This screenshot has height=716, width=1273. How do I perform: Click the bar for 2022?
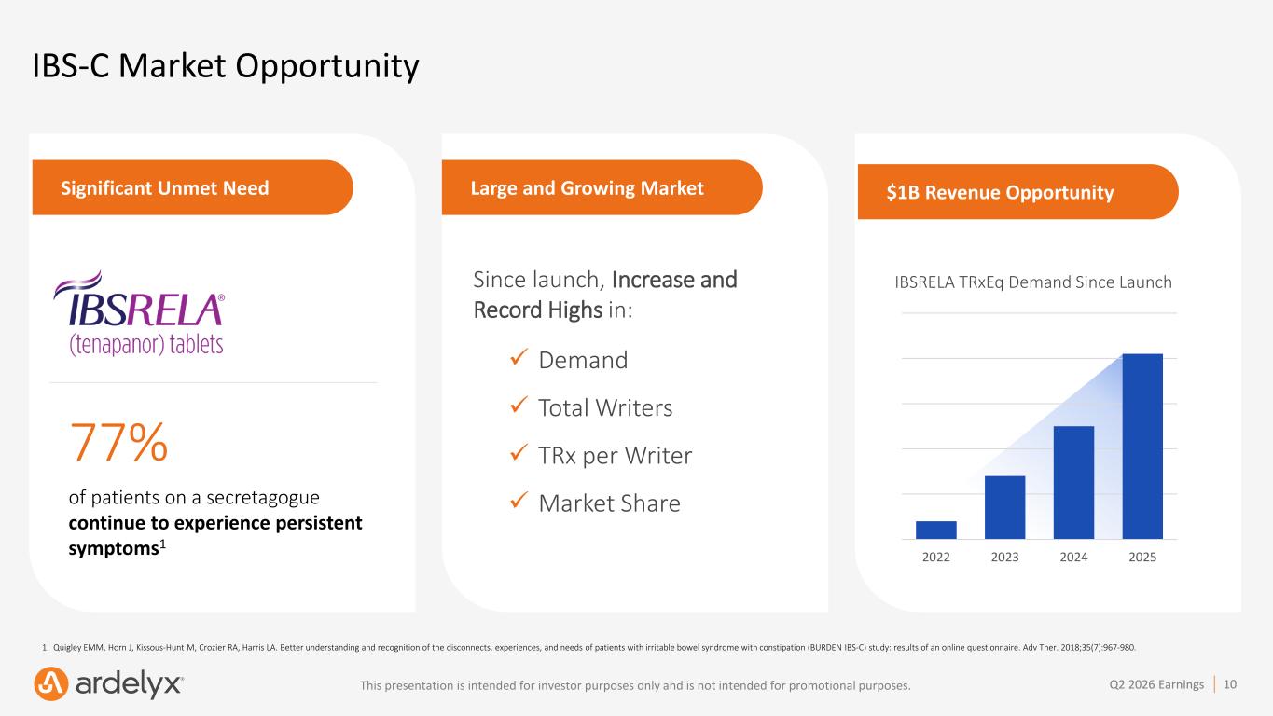click(936, 530)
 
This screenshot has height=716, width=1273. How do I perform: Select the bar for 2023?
click(1004, 507)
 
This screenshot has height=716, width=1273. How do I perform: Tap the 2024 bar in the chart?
click(1073, 482)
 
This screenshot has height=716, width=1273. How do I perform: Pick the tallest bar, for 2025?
click(1142, 446)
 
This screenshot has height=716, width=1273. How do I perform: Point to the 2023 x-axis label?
click(1004, 557)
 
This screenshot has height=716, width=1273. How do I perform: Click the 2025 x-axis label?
click(1142, 557)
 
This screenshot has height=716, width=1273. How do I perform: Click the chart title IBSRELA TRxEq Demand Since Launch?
click(1033, 282)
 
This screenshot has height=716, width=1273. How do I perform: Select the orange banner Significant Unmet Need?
click(193, 187)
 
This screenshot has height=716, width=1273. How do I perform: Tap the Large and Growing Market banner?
click(602, 187)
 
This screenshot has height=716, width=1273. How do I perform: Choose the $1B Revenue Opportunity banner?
click(1017, 192)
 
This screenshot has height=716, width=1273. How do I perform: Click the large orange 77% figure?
click(118, 442)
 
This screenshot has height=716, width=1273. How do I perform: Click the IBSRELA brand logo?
click(139, 313)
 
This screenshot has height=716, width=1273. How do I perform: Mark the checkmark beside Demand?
click(519, 357)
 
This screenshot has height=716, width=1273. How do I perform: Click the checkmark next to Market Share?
click(519, 500)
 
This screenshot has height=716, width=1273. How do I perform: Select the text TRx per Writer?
click(615, 456)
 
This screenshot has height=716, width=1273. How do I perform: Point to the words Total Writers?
click(605, 408)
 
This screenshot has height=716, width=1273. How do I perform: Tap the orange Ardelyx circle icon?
click(51, 683)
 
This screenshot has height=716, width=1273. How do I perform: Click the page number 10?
click(1230, 684)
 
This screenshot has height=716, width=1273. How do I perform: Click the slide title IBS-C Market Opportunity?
click(226, 66)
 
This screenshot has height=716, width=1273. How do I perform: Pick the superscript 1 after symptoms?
click(162, 544)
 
